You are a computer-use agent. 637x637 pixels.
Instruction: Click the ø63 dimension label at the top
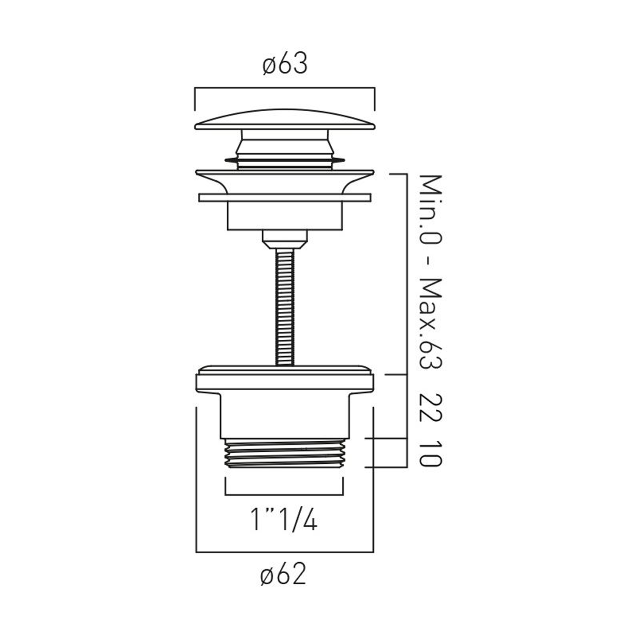(x=285, y=65)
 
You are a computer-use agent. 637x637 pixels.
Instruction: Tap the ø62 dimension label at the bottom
(x=283, y=575)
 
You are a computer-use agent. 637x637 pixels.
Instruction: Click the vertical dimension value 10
(x=431, y=454)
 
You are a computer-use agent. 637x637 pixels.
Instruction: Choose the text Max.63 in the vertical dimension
(x=431, y=323)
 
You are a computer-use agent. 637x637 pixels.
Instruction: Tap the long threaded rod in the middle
(x=285, y=306)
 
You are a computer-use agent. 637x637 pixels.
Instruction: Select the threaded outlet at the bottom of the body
(x=285, y=454)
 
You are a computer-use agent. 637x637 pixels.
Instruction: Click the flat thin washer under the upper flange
(x=285, y=197)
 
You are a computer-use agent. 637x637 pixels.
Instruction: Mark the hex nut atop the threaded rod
(x=285, y=239)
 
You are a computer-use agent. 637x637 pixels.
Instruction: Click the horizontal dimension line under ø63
(x=285, y=88)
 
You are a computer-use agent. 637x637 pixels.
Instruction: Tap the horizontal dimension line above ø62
(x=285, y=552)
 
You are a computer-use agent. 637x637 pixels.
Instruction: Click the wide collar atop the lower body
(x=285, y=380)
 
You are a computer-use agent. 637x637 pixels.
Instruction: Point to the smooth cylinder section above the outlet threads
(x=285, y=416)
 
